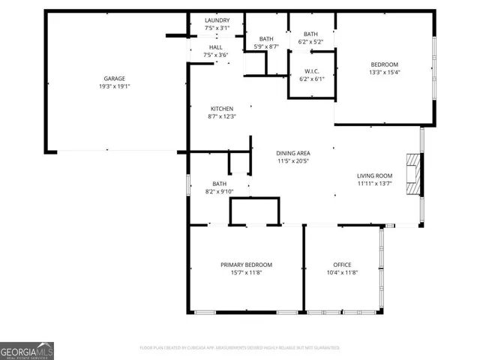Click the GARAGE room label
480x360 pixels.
point(114,79)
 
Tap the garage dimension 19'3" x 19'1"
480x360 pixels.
point(114,86)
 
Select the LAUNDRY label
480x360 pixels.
point(216,20)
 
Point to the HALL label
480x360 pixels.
point(216,47)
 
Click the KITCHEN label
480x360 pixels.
point(221,109)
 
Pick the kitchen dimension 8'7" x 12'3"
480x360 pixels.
point(221,116)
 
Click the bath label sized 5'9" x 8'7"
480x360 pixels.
point(266,39)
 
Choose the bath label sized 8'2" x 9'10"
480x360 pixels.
point(220,184)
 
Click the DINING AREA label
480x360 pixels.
point(293,153)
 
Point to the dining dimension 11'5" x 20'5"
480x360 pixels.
point(293,160)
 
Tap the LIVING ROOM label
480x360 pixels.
point(374,176)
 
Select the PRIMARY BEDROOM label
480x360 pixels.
point(246,265)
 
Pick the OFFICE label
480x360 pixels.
point(342,265)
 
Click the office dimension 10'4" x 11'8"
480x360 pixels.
point(342,272)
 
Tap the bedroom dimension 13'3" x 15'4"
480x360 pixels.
point(385,73)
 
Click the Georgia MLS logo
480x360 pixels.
point(26,350)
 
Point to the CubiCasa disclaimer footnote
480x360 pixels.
point(240,348)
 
